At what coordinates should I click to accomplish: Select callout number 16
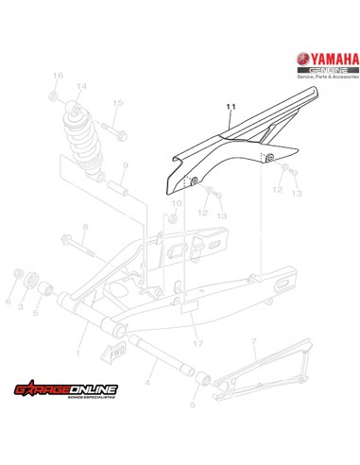point(57,75)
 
